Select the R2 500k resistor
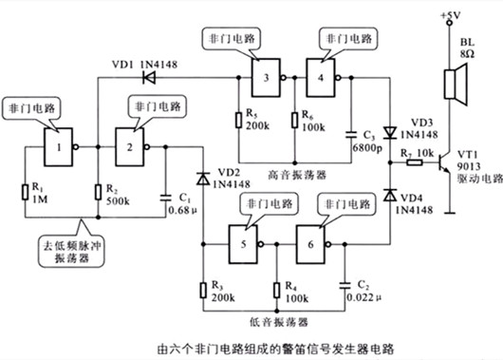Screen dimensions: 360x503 [98, 195]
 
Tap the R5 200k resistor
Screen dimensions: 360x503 [237, 121]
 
